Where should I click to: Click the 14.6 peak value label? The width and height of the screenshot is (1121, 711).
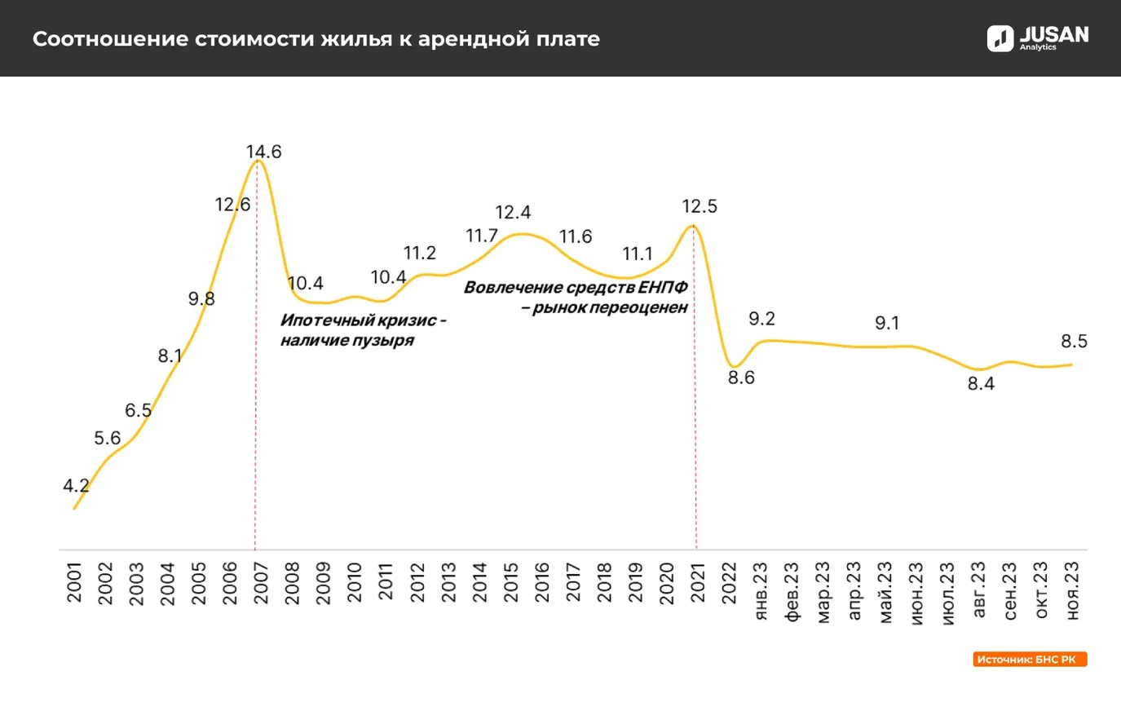[x=263, y=152]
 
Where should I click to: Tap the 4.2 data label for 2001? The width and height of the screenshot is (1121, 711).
[x=76, y=486]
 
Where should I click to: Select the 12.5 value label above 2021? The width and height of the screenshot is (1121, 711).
[x=700, y=206]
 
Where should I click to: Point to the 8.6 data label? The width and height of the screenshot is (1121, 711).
[x=741, y=378]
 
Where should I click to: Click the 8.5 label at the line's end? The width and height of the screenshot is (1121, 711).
[x=1074, y=341]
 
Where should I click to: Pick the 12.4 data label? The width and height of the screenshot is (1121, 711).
[x=513, y=213]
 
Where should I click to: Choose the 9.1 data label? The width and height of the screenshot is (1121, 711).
[x=887, y=323]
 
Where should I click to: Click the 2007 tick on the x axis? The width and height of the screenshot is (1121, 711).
[x=261, y=582]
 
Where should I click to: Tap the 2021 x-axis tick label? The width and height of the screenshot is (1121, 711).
[x=698, y=582]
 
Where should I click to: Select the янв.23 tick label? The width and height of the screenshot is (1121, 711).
[x=761, y=591]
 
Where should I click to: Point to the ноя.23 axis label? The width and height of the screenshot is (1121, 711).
[x=1073, y=591]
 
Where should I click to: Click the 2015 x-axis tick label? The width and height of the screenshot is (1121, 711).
[x=510, y=582]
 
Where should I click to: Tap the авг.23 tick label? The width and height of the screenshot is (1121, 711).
[x=979, y=590]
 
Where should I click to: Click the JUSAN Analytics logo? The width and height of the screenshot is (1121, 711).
[x=1037, y=38]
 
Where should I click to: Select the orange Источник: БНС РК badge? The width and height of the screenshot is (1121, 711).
[x=1029, y=659]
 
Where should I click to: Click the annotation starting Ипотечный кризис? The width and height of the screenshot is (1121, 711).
[x=362, y=330]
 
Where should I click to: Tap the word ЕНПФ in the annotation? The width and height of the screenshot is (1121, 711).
[x=663, y=288]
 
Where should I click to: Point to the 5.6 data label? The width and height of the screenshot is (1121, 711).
[x=107, y=439]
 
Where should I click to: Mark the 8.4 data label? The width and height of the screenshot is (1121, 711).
[x=981, y=384]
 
